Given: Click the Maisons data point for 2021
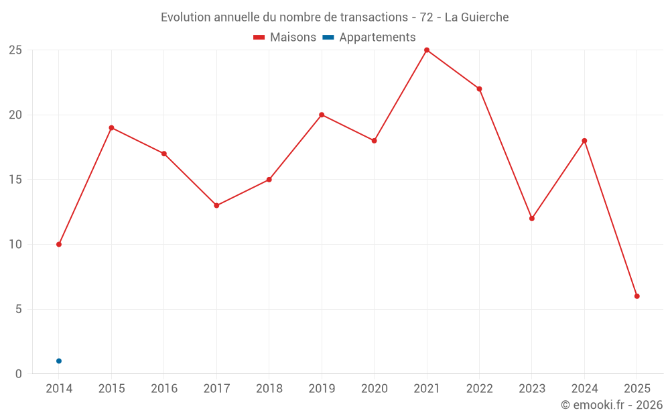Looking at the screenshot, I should coord(427,50).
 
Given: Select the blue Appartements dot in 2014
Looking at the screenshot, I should coord(59,361).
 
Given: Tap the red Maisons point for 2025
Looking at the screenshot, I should coord(637,296).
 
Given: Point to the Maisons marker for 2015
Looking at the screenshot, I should coord(111,128).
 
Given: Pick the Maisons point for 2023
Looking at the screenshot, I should coord(532,219).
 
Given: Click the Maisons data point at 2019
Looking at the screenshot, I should coord(322,115).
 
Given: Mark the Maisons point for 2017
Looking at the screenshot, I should coord(216,206).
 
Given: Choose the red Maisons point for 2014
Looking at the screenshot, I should coord(59,245).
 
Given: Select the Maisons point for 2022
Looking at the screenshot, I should coord(479,89).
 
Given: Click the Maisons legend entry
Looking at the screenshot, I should coord(285,38).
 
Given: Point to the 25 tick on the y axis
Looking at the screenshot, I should coord(15,50).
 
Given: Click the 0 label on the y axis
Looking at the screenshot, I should coord(19,374).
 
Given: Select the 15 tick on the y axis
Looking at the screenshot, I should coord(15,180).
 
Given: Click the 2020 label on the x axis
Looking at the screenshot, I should coord(374,389).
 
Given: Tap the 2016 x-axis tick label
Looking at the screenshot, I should coord(164,389).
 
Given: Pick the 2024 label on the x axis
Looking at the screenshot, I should coord(584,389).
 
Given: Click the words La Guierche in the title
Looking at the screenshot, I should coord(476,17).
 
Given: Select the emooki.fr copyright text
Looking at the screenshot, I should coord(612,405).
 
